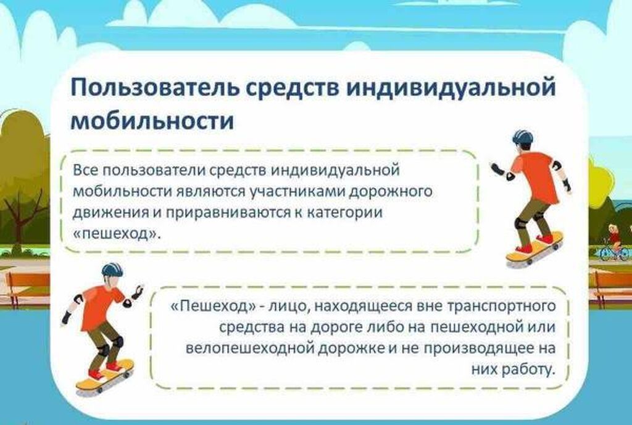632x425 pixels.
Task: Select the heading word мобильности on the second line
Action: (x=152, y=120)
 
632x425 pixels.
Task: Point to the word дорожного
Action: (x=391, y=191)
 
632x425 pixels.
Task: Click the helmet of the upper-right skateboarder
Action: (x=522, y=138)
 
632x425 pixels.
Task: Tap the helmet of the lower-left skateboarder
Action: (x=112, y=270)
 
